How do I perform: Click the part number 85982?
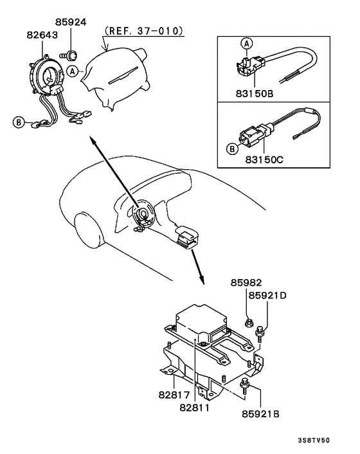click(x=248, y=283)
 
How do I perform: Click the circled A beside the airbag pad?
click(x=73, y=70)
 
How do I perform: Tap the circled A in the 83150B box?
click(x=246, y=44)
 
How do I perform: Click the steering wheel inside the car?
click(x=142, y=215)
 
